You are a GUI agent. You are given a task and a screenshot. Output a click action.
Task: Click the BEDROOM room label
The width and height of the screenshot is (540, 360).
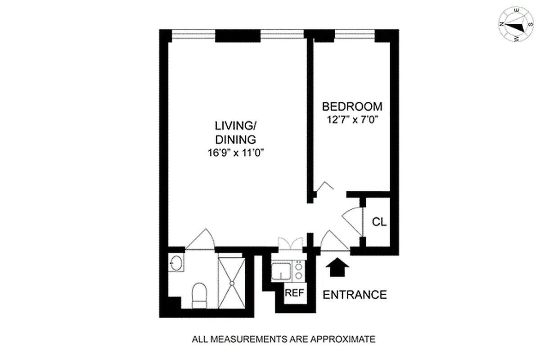tap(352, 107)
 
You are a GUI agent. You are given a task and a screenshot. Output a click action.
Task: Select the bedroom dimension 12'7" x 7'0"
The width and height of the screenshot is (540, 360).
tap(352, 120)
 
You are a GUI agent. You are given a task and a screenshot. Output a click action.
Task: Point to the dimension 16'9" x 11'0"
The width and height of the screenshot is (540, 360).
tap(232, 153)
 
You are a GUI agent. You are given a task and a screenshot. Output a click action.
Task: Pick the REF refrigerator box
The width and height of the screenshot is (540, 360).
tap(295, 292)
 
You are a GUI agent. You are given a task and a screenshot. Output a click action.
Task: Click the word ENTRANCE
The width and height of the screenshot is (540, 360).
tap(355, 295)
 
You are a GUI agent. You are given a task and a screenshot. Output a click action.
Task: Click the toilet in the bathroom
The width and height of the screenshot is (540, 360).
tap(198, 294)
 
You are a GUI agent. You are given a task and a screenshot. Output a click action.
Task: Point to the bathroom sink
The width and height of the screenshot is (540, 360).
tap(176, 263)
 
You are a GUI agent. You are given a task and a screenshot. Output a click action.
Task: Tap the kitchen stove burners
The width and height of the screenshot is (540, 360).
tap(298, 270)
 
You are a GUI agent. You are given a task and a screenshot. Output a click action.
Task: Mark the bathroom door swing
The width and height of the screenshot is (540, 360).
tap(201, 240)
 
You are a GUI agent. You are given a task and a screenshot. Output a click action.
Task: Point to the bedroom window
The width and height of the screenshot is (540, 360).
tap(344, 32)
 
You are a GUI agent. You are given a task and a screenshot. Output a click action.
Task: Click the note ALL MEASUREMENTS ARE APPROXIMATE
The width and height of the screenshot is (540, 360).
tap(283, 339)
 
